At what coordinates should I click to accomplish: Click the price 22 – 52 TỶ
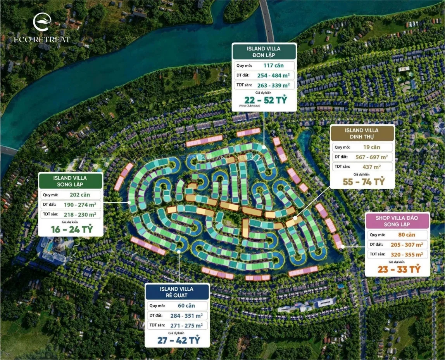(264, 99)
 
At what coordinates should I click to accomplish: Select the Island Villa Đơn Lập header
(264, 52)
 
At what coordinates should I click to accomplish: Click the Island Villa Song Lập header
(70, 181)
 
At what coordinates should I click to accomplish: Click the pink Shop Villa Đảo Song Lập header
(397, 221)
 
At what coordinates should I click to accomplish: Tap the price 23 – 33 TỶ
(398, 269)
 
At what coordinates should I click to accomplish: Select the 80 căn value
(406, 234)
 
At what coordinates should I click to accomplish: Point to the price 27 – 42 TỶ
(178, 340)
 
